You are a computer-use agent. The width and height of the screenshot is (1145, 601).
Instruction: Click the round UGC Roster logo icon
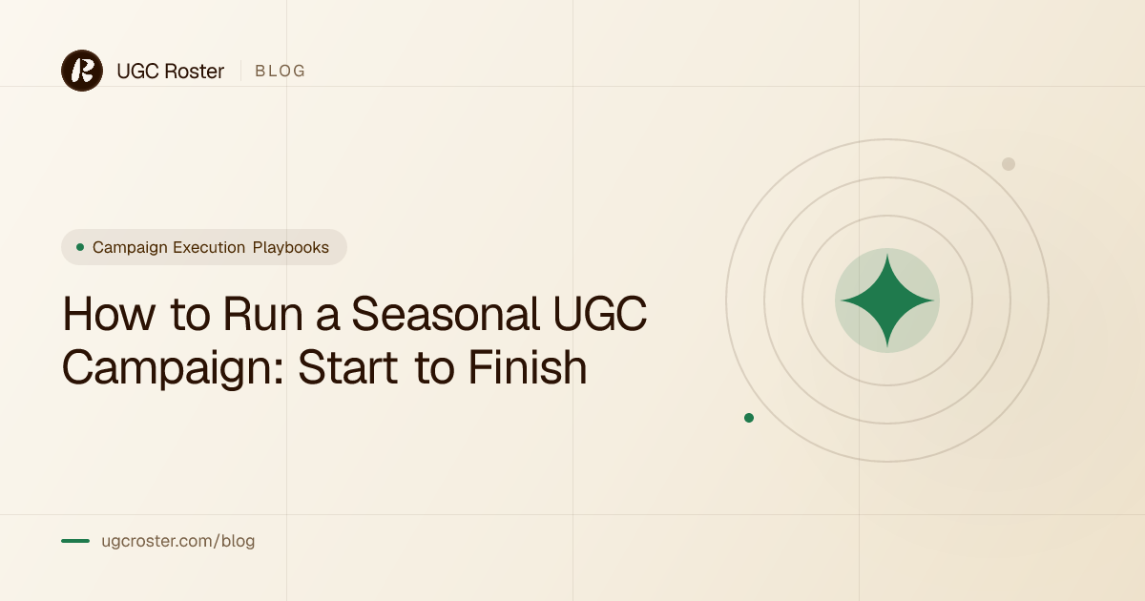click(82, 71)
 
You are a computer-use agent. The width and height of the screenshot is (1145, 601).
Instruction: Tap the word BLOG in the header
click(281, 71)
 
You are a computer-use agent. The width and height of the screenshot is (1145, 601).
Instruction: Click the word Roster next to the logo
click(195, 71)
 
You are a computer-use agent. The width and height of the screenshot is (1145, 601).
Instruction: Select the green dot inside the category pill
click(80, 247)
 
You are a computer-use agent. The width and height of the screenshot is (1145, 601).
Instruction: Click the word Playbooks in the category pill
click(291, 247)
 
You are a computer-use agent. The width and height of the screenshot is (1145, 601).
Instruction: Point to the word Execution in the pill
click(209, 247)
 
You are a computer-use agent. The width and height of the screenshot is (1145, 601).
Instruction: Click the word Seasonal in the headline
click(446, 314)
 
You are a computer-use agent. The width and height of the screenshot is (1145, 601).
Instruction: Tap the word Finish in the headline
click(528, 367)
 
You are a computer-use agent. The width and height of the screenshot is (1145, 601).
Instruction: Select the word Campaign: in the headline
click(173, 369)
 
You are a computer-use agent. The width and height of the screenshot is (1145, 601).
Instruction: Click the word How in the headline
click(109, 314)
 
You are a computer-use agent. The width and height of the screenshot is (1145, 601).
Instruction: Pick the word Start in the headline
click(348, 367)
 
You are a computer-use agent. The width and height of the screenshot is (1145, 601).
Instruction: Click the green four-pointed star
click(887, 300)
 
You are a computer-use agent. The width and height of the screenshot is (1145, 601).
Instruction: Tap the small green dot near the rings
click(749, 418)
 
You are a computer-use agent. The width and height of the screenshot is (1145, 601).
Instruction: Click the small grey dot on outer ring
click(1009, 164)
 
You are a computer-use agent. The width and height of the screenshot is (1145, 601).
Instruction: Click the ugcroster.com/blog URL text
click(177, 541)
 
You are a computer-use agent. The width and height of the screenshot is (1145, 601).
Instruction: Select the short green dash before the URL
click(75, 541)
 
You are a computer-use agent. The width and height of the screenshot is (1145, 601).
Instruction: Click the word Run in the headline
click(263, 314)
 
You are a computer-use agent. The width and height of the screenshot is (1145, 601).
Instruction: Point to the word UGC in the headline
click(600, 314)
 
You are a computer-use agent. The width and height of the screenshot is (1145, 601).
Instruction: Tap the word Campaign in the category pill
click(130, 248)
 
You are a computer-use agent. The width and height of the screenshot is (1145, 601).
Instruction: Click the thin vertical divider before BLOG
click(240, 71)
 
